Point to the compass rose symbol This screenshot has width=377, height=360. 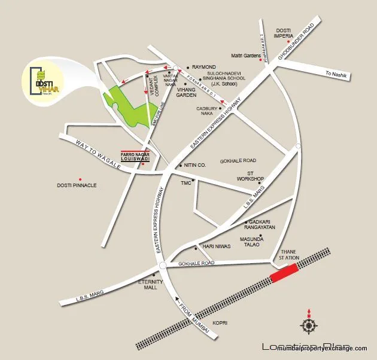pyautogui.click(x=309, y=325)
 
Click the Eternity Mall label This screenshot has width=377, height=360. pyautogui.click(x=147, y=284)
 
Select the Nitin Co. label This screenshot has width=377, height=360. pyautogui.click(x=195, y=164)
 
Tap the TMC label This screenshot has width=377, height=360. pyautogui.click(x=186, y=182)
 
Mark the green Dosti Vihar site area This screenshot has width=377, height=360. pyautogui.click(x=129, y=102)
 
